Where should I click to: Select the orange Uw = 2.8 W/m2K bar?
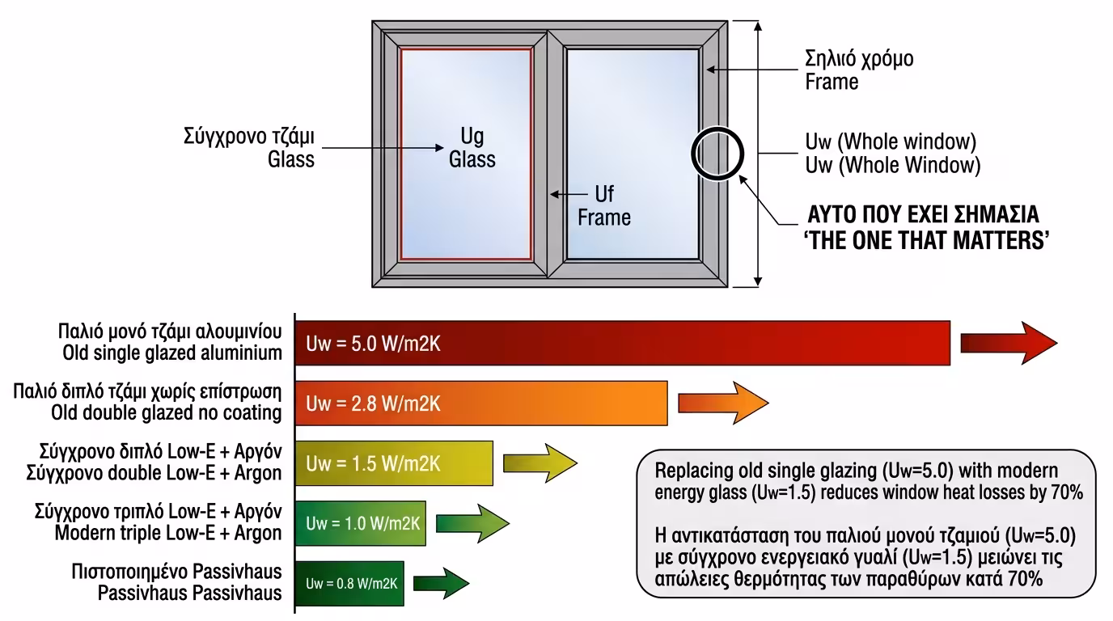[x=480, y=403]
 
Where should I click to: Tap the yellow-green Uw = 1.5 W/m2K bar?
[x=394, y=463]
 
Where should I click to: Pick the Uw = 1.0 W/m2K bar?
[x=360, y=523]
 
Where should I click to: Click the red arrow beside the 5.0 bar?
[x=1008, y=343]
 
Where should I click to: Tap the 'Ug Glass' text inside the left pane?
[x=472, y=146]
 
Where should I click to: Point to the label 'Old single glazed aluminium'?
[x=172, y=353]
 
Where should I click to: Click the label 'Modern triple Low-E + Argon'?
[x=168, y=533]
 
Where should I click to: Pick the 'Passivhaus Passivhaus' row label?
[x=189, y=593]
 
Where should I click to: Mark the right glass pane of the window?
[x=632, y=153]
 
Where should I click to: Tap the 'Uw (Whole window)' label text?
[x=890, y=142]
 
